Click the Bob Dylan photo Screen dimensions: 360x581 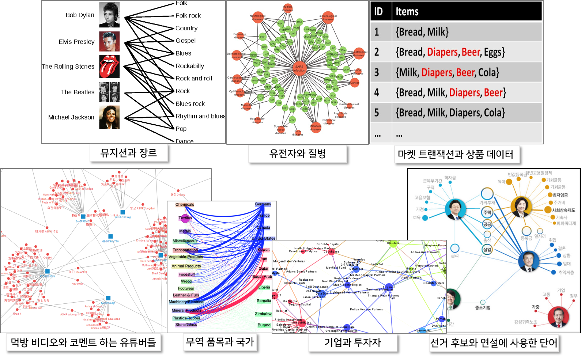[109, 15]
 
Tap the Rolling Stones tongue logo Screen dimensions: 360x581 [109, 67]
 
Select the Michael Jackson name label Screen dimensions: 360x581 [71, 117]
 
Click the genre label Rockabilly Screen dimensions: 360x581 [190, 66]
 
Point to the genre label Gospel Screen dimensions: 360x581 [185, 41]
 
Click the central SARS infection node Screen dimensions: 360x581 [299, 68]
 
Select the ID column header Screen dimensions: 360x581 [378, 12]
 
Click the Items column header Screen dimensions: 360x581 [407, 12]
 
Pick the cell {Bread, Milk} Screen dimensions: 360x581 [422, 32]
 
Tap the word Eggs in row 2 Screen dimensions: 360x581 [494, 53]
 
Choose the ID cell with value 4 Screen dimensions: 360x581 [377, 93]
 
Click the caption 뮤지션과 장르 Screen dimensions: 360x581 [129, 153]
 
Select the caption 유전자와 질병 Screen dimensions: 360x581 [297, 154]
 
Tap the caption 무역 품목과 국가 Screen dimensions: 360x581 [220, 342]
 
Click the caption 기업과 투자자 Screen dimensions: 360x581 [352, 342]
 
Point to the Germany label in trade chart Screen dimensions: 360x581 [263, 204]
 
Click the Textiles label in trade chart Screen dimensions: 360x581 [185, 218]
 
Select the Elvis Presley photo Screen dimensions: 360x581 [109, 41]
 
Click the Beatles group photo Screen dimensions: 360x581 [109, 92]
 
